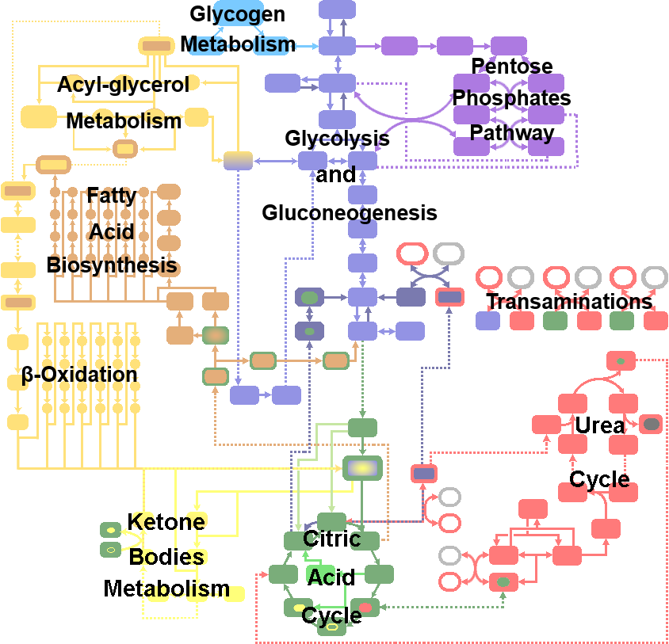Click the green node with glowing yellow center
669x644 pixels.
click(x=362, y=468)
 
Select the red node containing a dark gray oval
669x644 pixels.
click(x=651, y=424)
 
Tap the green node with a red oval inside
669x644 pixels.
click(x=365, y=608)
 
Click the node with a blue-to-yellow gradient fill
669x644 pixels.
click(x=238, y=161)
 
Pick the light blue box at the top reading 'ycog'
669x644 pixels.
click(x=239, y=14)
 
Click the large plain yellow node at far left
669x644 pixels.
click(x=38, y=116)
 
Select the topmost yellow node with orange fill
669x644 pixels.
click(x=156, y=46)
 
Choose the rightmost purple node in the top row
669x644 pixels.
click(x=508, y=46)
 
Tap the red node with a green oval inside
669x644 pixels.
click(x=503, y=582)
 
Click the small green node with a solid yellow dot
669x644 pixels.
click(x=110, y=529)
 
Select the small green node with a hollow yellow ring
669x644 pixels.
click(x=110, y=549)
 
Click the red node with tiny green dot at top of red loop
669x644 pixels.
click(x=621, y=360)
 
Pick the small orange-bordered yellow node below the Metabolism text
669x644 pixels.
click(x=125, y=148)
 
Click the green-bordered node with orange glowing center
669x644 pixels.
click(x=215, y=335)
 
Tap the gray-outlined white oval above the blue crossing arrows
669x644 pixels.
click(x=449, y=254)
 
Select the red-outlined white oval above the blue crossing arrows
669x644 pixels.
click(x=412, y=254)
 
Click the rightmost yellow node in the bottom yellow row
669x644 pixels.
click(x=234, y=593)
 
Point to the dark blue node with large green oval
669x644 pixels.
click(x=309, y=297)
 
